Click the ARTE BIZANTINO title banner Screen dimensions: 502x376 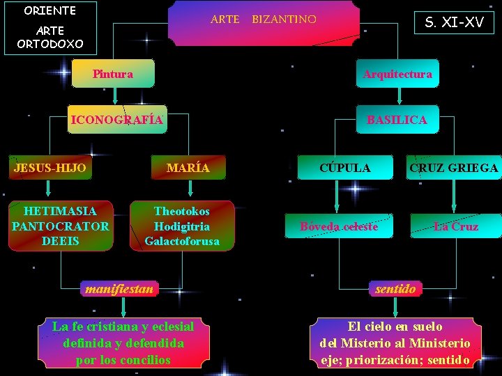pos(264,19)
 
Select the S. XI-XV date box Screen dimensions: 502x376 pos(454,22)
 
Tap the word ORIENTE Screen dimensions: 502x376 pos(50,11)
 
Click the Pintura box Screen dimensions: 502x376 pos(113,74)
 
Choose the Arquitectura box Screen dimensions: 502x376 pos(397,74)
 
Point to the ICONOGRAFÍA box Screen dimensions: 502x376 pos(117,120)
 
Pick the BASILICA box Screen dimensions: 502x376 pos(397,120)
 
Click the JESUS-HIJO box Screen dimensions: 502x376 pos(50,168)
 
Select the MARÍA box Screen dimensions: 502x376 pos(188,168)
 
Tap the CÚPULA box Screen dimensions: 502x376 pos(345,168)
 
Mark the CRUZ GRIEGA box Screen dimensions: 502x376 pos(454,168)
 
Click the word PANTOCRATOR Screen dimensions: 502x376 pos(60,226)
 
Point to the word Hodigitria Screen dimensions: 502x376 pos(182,226)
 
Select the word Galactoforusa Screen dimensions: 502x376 pos(182,242)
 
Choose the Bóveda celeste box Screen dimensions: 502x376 pos(339,226)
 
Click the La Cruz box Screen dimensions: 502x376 pos(455,226)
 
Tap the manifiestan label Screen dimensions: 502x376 pos(119,288)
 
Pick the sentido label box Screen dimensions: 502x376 pos(395,288)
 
